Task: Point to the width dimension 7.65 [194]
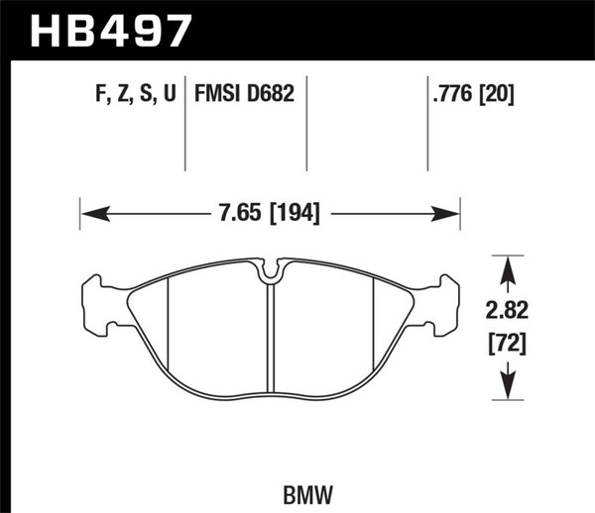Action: [269, 212]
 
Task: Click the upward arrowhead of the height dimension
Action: [508, 264]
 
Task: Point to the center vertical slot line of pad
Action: [271, 337]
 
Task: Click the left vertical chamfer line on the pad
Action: [169, 327]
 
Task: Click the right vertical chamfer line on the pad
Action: [372, 327]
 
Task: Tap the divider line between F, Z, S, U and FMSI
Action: [187, 124]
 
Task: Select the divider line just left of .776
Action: [426, 124]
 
